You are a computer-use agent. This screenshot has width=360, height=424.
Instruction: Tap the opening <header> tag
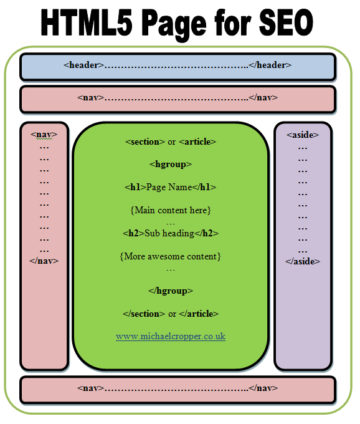[83, 65]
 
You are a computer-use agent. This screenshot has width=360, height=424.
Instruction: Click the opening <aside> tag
[303, 135]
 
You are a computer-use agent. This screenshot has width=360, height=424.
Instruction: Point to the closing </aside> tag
[303, 261]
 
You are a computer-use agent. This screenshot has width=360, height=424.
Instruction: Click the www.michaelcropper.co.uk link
[171, 336]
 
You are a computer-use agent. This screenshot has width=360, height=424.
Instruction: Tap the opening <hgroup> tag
[171, 165]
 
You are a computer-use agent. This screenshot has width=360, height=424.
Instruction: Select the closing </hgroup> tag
[171, 291]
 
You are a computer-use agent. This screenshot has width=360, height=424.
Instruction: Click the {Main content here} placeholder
[171, 210]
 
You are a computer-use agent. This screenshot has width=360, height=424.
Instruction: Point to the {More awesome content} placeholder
[170, 256]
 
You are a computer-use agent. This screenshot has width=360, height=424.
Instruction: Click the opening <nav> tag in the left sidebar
[44, 135]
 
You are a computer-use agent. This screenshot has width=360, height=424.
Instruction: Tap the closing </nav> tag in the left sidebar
[44, 261]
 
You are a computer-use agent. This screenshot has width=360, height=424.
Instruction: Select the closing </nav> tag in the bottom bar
[263, 388]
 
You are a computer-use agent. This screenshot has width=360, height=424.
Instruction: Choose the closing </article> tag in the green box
[199, 314]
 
